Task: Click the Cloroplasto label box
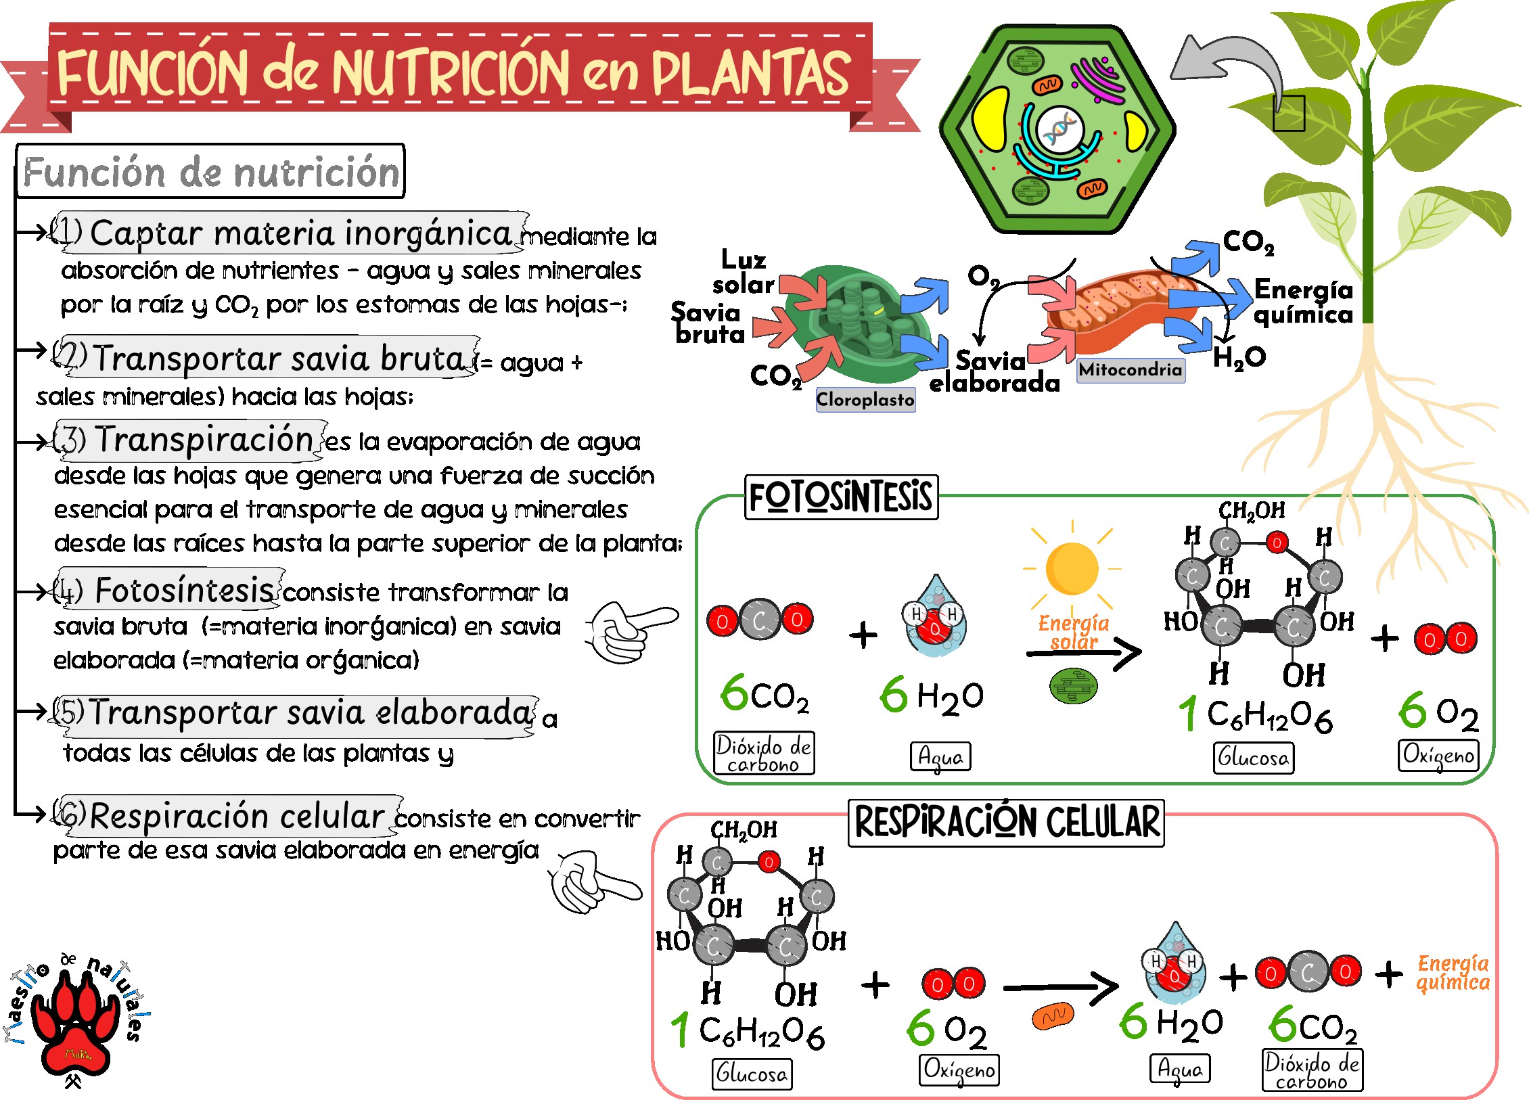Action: coord(865,399)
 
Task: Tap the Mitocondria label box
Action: coord(1131,369)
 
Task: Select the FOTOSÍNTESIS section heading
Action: coord(841,497)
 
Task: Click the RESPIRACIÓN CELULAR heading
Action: coord(1007,823)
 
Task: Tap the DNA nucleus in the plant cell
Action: coord(1059,130)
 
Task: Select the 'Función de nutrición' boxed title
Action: coord(210,171)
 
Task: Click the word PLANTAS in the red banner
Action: coord(750,73)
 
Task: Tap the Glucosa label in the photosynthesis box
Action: coord(1254,758)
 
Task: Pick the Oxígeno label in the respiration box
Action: coord(959,1070)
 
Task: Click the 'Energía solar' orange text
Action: coord(1074,632)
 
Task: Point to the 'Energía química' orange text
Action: coord(1453,973)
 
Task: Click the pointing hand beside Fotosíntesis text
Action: coord(631,631)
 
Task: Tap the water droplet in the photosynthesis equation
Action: coord(935,616)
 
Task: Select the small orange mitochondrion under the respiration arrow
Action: coord(1053,1015)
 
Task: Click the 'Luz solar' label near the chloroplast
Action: coord(744,272)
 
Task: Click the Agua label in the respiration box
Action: coord(1180,1069)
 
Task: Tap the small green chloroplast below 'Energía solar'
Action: coord(1073,686)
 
